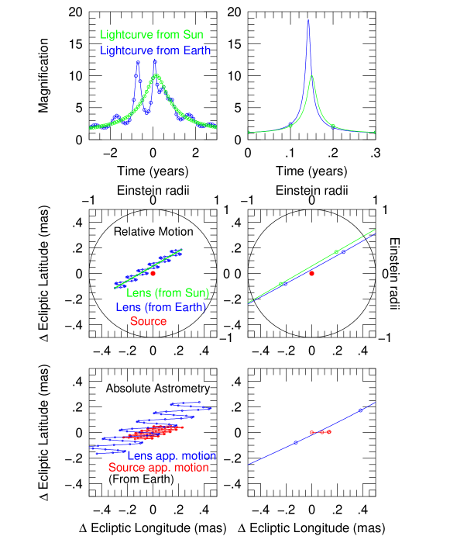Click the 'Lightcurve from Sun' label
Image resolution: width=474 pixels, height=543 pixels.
tap(152, 35)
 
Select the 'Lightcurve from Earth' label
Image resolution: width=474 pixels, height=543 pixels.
tap(155, 50)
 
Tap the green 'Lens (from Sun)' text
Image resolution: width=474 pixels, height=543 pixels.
tap(167, 293)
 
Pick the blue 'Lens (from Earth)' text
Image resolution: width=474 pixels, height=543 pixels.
tap(160, 307)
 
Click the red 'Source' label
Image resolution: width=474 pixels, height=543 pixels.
tap(148, 321)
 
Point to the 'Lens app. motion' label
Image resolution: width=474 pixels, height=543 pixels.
tap(172, 456)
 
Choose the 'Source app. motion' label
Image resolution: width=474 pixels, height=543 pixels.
tap(158, 468)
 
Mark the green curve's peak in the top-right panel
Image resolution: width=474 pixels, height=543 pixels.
tap(311, 77)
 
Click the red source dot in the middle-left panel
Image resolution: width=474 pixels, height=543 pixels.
tap(153, 273)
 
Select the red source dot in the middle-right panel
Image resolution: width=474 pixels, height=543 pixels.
tap(311, 273)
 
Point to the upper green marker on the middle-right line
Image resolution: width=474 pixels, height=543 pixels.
tap(336, 251)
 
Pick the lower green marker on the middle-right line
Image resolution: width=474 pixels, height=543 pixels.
tap(280, 284)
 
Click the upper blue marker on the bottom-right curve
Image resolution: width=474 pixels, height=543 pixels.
tap(361, 410)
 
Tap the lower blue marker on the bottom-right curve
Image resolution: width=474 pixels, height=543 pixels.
tap(296, 442)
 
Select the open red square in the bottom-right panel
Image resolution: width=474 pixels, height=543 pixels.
tap(311, 432)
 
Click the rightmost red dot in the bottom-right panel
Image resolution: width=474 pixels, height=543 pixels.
tap(329, 432)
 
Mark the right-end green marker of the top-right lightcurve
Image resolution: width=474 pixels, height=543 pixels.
tap(375, 133)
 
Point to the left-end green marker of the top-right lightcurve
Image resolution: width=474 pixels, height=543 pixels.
tap(249, 133)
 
